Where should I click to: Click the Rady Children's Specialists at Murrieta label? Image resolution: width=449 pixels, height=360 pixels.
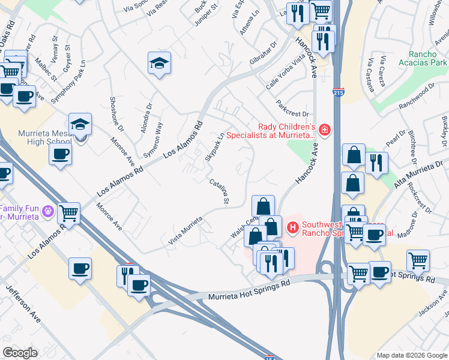286,131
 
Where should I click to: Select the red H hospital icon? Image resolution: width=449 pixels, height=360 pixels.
293,227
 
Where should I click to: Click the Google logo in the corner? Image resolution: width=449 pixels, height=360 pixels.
20,353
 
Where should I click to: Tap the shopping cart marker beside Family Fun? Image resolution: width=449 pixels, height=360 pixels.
70,213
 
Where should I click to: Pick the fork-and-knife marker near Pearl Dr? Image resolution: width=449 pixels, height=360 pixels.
376,163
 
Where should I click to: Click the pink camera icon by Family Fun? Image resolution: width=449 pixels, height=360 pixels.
48,211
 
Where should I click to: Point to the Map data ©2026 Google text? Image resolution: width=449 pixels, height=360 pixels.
411,355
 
